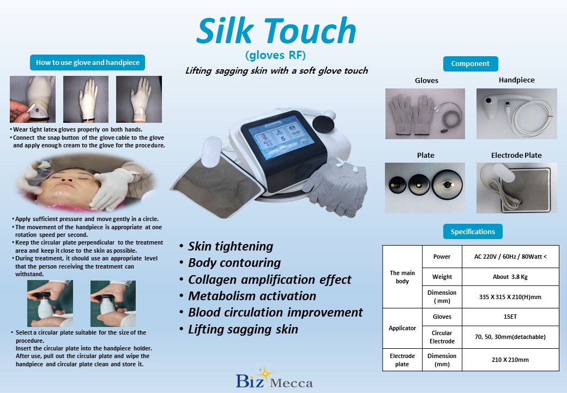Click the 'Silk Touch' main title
coord(276,31)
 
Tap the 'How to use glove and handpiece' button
coord(88,63)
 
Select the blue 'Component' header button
coord(471,64)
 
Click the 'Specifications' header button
coord(473,231)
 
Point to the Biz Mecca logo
coord(274,378)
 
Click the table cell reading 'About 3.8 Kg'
coord(510,277)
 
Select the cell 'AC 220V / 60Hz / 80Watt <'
coord(510,257)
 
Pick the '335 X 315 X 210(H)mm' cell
coord(510,297)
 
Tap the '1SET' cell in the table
coord(510,317)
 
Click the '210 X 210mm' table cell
coord(510,360)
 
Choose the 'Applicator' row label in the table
coord(402,328)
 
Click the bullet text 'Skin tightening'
coord(230,246)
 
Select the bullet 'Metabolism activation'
coord(252,296)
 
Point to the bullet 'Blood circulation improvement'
coord(275,312)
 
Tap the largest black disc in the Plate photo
coord(447,184)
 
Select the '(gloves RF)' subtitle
coord(275,55)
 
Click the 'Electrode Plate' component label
coord(516,155)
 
